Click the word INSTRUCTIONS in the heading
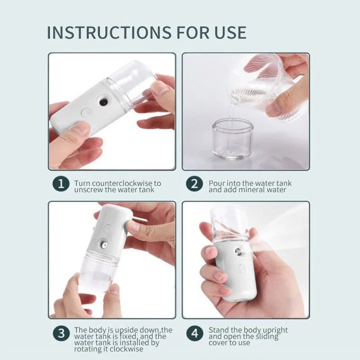coord(108,32)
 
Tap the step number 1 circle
coord(60,183)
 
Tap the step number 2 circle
coord(194,183)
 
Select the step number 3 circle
coord(60,333)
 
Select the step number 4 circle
coord(194,333)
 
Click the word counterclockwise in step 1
coord(122,183)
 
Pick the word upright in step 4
coord(274,330)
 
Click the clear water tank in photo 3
coord(99,272)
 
